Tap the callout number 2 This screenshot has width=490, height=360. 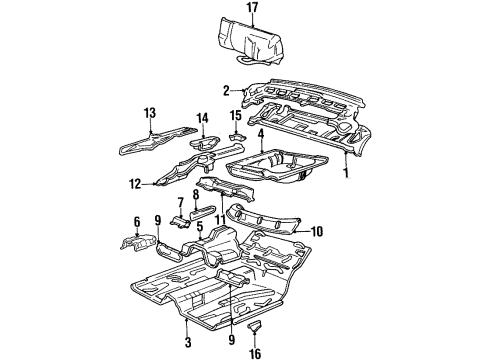coord(227,89)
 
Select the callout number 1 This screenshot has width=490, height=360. coord(347,172)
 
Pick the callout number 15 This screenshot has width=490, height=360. coord(236,116)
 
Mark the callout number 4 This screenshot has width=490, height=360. coord(260,133)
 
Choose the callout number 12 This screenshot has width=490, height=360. coord(134,183)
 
